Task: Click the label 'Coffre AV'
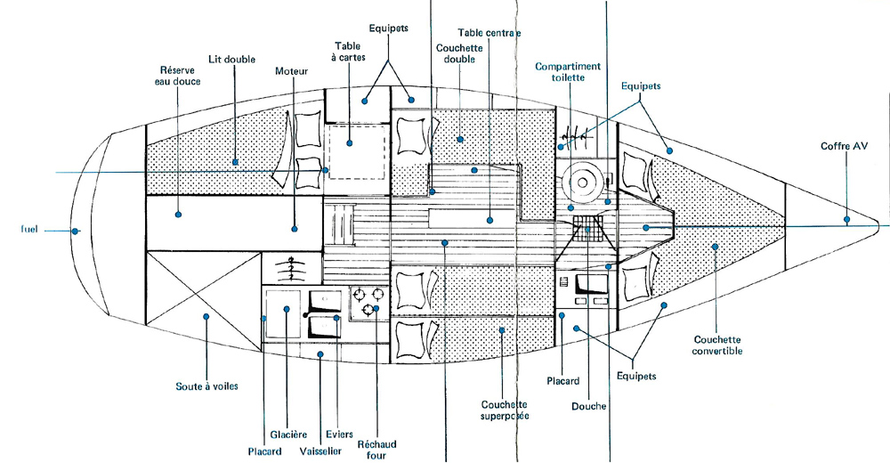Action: [843, 146]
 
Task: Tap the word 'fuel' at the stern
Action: [29, 230]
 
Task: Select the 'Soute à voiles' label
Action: [206, 386]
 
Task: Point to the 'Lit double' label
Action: [231, 59]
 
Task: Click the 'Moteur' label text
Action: [292, 70]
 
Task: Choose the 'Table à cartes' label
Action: [348, 52]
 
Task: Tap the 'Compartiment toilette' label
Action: [567, 72]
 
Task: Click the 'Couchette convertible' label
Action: [716, 345]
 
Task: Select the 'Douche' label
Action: [590, 407]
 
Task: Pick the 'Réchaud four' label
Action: [376, 450]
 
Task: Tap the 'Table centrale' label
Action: [489, 33]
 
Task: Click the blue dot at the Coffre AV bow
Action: [847, 218]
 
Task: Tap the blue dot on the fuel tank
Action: [76, 231]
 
